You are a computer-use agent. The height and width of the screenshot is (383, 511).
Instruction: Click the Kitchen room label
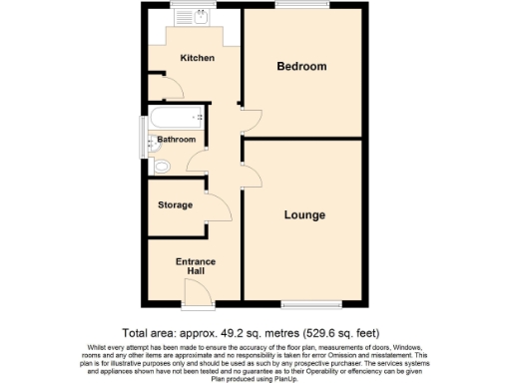pyautogui.click(x=197, y=58)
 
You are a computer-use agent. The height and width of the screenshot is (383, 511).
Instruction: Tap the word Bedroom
pyautogui.click(x=301, y=66)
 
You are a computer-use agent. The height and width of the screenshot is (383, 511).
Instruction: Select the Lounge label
pyautogui.click(x=304, y=214)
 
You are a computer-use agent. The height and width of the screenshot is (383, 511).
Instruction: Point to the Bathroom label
pyautogui.click(x=177, y=140)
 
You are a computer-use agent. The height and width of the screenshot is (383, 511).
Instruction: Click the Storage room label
pyautogui.click(x=176, y=205)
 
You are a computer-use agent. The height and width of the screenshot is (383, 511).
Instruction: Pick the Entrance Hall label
pyautogui.click(x=196, y=266)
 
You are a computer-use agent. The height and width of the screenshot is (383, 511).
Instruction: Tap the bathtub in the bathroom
pyautogui.click(x=176, y=119)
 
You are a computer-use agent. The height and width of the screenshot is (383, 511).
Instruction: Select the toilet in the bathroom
pyautogui.click(x=163, y=166)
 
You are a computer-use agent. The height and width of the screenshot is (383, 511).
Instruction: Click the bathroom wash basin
pyautogui.click(x=152, y=143)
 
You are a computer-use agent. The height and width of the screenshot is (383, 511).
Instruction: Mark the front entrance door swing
pyautogui.click(x=197, y=291)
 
